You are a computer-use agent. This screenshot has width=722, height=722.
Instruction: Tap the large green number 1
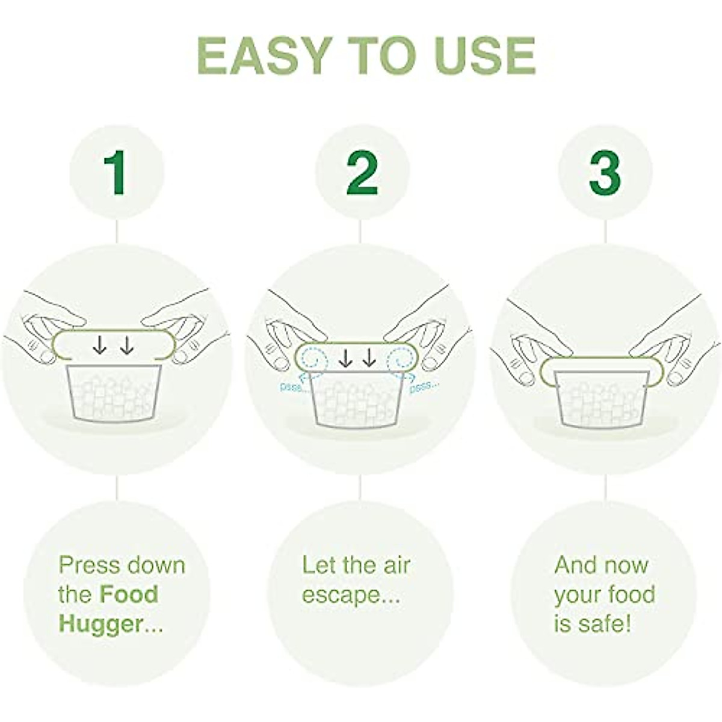[x=116, y=173]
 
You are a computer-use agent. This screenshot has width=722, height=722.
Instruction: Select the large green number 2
[x=362, y=173]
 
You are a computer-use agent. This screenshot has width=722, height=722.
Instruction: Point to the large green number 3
[x=605, y=173]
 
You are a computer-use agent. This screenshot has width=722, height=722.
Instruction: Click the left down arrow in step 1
[x=100, y=345]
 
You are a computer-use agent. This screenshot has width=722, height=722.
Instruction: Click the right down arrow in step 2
[x=369, y=359]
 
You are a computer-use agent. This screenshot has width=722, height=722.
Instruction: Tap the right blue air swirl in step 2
[x=401, y=360]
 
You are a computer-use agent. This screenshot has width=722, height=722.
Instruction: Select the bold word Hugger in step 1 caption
[x=100, y=624]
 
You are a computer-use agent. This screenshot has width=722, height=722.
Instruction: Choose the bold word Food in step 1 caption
[x=129, y=594]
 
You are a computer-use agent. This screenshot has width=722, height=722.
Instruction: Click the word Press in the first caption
[x=88, y=565]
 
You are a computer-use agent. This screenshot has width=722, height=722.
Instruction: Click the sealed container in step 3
[x=602, y=397]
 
